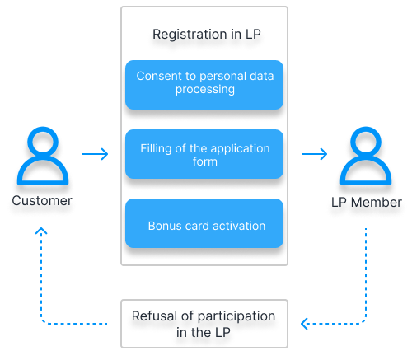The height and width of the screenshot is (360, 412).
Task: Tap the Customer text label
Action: click(42, 200)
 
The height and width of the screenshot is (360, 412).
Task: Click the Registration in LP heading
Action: click(207, 35)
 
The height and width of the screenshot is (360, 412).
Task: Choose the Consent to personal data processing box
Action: click(204, 84)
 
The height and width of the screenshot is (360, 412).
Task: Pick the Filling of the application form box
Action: click(204, 155)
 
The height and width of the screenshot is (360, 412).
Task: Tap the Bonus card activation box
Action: click(204, 225)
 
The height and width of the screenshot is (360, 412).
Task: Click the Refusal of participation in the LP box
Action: click(204, 324)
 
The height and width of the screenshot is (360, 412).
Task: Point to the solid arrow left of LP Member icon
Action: click(314, 154)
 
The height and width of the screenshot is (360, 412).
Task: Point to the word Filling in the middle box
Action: click(157, 148)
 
